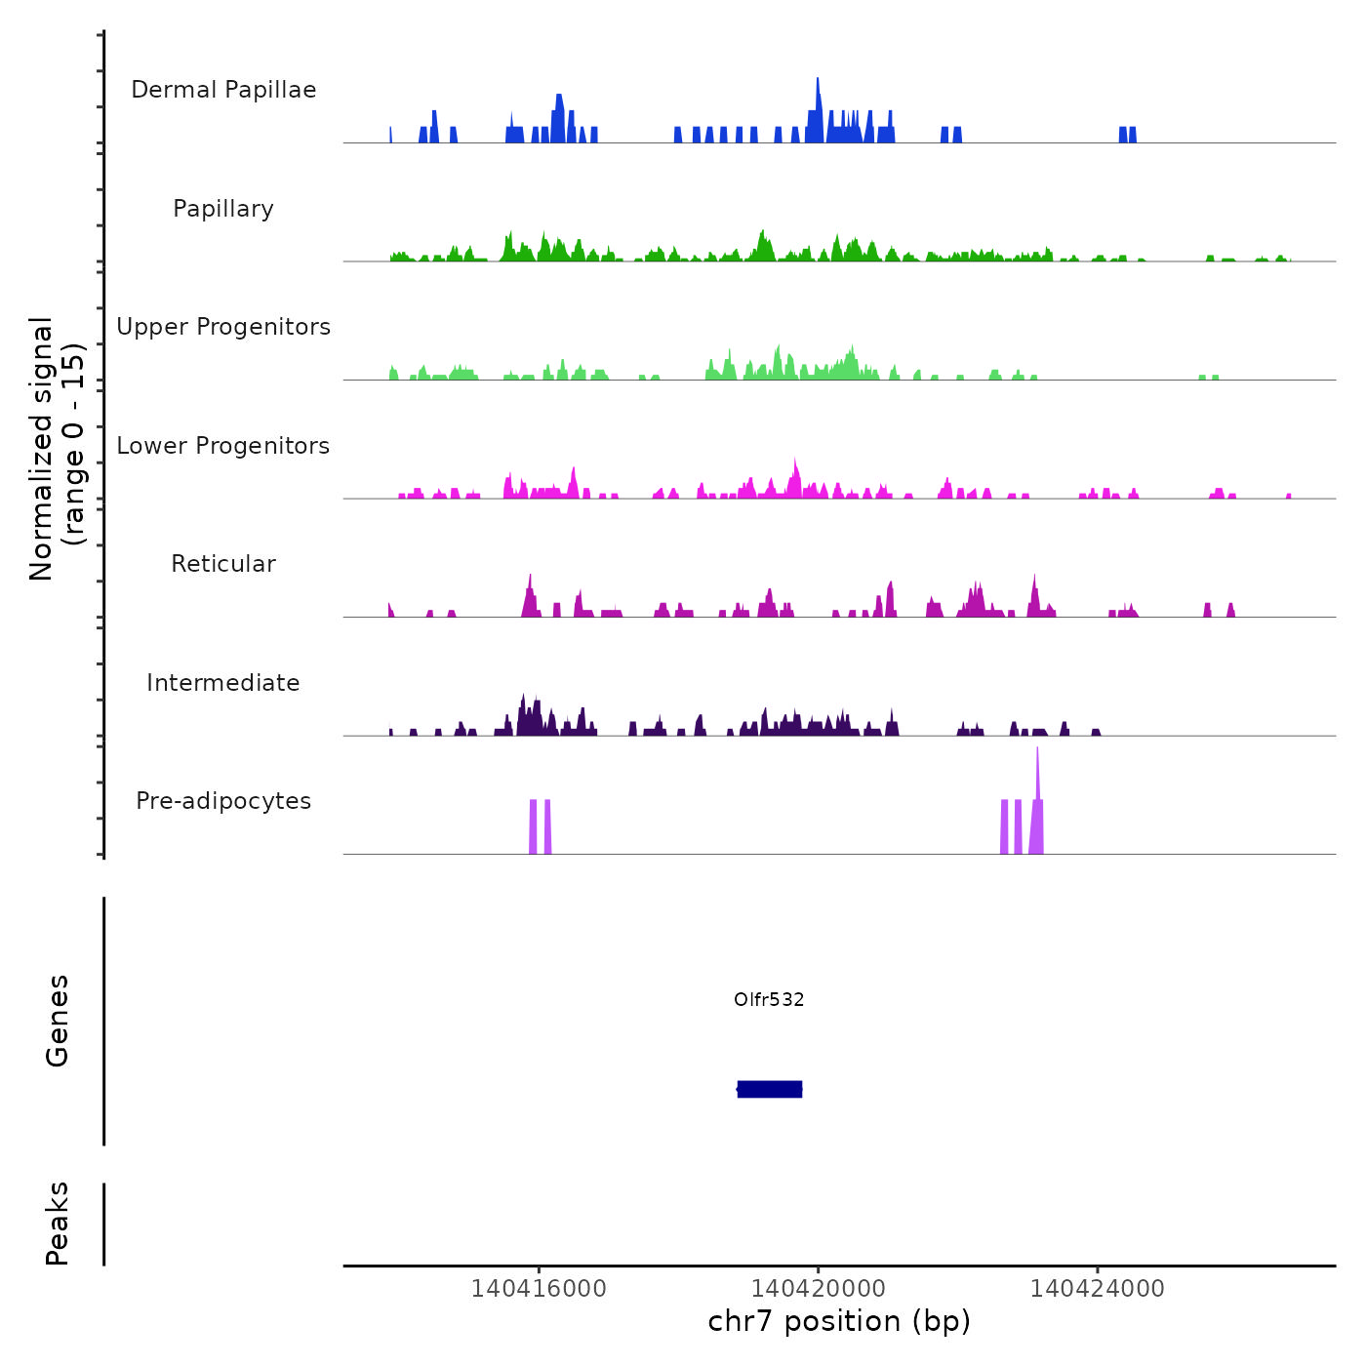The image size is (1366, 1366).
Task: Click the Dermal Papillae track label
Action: [223, 90]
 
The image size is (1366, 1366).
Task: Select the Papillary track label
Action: [223, 209]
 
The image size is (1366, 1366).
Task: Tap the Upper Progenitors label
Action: [223, 327]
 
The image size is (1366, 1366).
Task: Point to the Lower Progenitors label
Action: [223, 446]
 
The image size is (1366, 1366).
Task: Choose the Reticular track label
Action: [223, 564]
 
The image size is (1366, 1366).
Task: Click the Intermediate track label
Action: [223, 683]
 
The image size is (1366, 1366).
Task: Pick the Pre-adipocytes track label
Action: [223, 801]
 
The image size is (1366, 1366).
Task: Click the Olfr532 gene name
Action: [769, 999]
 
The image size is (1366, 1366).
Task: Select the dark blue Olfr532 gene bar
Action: [770, 1089]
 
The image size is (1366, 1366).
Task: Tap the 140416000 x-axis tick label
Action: [539, 1288]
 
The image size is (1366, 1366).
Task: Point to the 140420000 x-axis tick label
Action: [818, 1288]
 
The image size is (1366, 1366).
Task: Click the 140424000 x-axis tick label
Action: [1098, 1288]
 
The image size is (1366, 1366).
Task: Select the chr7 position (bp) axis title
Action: [839, 1321]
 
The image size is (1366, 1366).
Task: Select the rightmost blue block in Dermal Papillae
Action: [1132, 135]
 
